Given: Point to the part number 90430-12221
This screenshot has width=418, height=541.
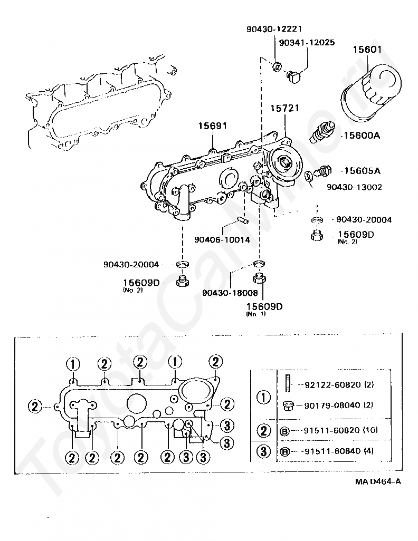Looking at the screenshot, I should click(x=274, y=30).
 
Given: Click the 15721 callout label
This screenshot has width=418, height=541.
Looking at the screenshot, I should click(x=285, y=108).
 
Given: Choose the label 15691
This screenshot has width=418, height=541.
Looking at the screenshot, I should click(x=212, y=126).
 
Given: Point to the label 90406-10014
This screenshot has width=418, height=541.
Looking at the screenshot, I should click(x=222, y=239).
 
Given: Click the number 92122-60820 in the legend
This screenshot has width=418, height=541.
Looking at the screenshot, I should click(x=332, y=385).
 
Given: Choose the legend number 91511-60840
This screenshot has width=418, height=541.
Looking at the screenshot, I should click(x=332, y=451).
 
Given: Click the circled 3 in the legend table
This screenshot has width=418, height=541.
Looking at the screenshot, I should click(x=263, y=451).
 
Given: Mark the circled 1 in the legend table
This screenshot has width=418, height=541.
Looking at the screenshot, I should click(x=263, y=396).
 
